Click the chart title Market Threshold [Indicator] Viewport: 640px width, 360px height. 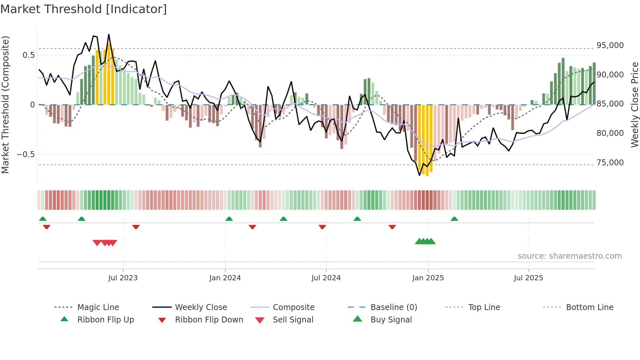click(84, 9)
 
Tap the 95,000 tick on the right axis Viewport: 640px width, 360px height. click(610, 45)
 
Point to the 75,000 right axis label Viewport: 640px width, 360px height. click(610, 163)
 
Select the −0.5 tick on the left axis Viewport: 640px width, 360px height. click(25, 154)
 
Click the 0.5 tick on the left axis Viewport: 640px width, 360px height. click(28, 55)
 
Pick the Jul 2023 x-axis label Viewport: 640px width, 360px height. click(123, 278)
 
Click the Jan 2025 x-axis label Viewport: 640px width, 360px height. click(428, 278)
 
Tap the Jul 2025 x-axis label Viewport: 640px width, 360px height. click(528, 278)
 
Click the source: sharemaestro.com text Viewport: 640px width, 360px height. click(569, 256)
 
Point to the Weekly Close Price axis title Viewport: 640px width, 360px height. click(634, 105)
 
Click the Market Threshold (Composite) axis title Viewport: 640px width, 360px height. click(5, 105)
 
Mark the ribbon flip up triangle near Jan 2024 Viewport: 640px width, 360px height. click(229, 219)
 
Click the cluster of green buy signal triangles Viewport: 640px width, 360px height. click(425, 241)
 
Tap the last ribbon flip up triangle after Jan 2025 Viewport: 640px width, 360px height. click(454, 219)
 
